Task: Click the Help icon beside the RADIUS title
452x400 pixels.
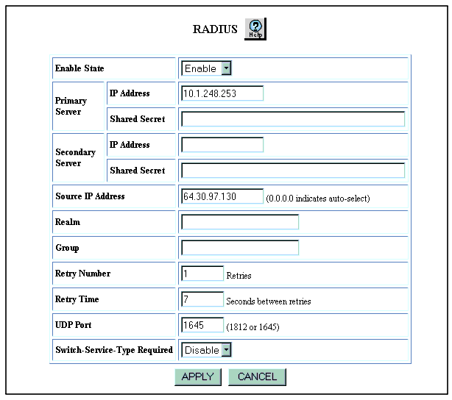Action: [255, 29]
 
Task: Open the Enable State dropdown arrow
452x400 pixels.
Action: [227, 68]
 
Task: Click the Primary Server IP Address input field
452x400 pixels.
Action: [222, 93]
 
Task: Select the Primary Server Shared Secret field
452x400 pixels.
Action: [293, 119]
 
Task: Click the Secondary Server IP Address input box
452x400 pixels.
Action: [222, 145]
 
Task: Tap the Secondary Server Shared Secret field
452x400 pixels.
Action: [293, 171]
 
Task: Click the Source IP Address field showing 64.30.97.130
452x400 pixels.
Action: [222, 196]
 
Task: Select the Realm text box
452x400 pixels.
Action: [240, 222]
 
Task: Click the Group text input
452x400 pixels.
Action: [240, 248]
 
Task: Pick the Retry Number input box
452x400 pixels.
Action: [202, 274]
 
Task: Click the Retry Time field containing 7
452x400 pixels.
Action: [202, 299]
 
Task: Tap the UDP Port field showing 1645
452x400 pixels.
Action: [202, 325]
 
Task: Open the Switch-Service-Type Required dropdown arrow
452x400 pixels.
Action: [227, 350]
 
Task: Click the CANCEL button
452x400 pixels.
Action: [257, 377]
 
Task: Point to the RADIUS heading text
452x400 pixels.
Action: [215, 29]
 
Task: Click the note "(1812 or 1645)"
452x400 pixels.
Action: [253, 327]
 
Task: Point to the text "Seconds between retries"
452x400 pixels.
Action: [269, 301]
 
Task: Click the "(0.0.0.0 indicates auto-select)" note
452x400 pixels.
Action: [318, 199]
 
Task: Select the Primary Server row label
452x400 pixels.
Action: [71, 106]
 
